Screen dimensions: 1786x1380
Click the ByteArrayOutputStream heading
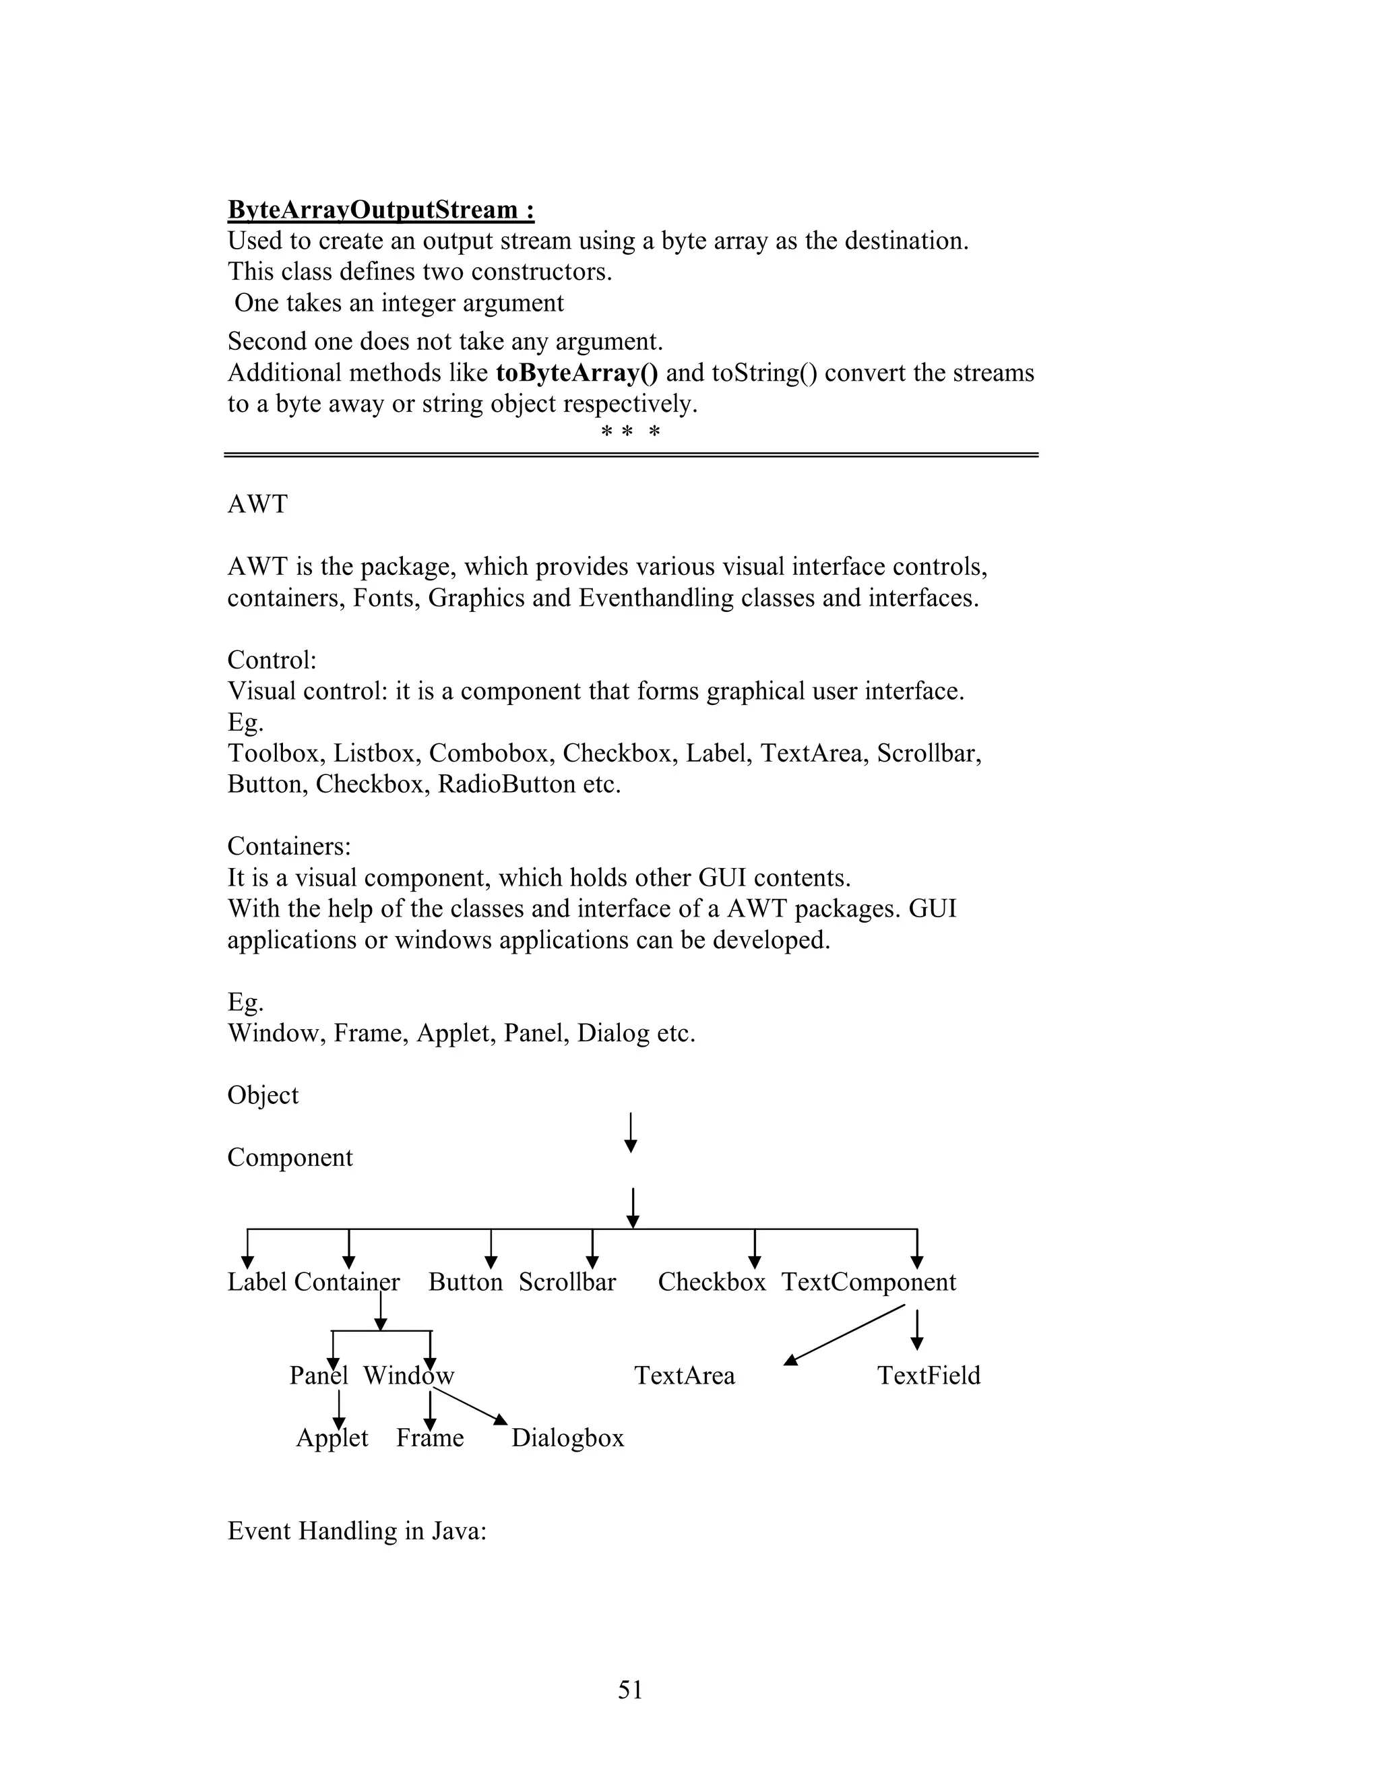point(381,210)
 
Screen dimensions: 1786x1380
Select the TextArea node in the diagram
point(685,1376)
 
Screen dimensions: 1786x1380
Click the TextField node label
point(928,1376)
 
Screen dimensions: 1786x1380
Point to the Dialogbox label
point(567,1438)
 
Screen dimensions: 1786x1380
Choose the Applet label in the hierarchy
point(332,1438)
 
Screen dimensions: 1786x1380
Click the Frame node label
point(430,1438)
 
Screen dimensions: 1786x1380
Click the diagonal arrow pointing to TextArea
point(844,1334)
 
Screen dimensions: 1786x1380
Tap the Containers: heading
point(288,846)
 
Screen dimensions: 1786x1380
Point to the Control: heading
point(272,660)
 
